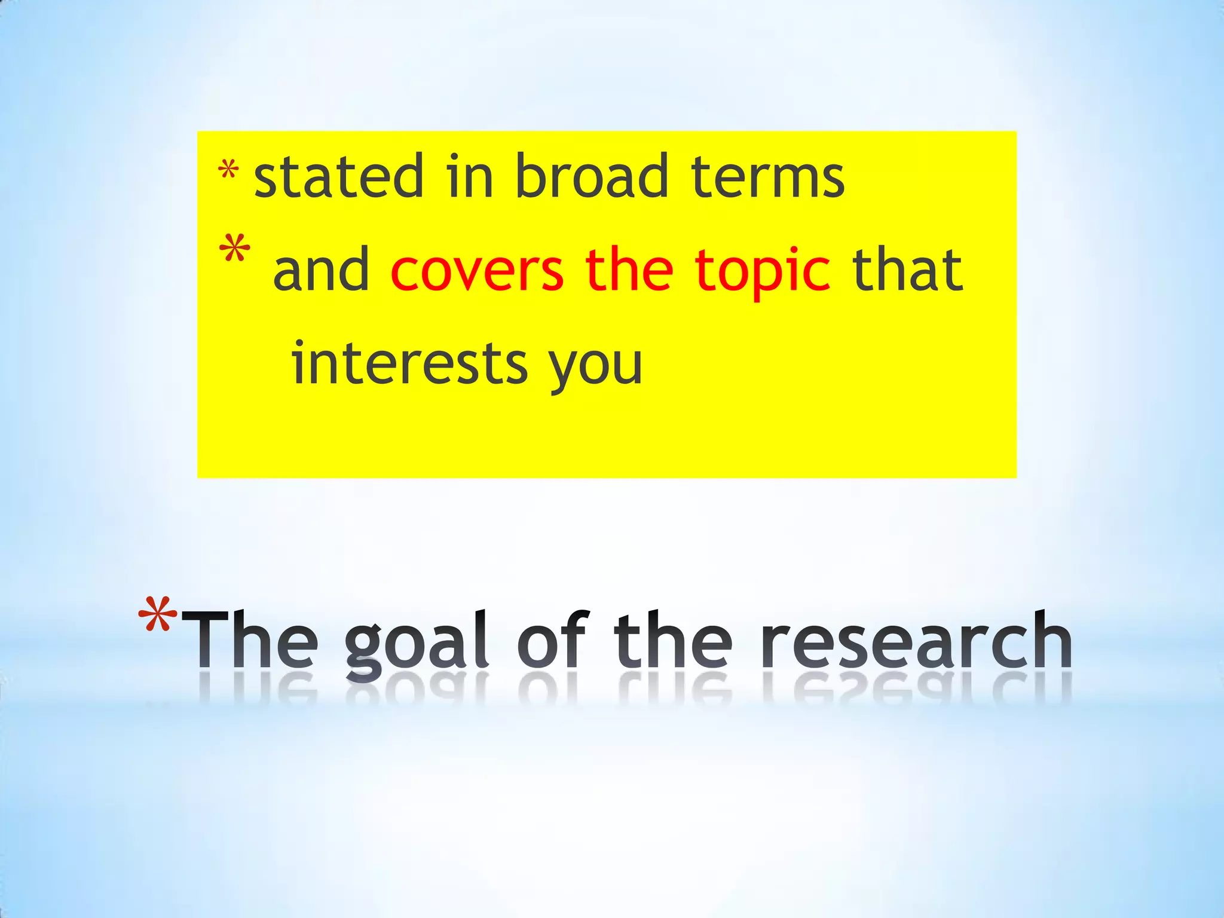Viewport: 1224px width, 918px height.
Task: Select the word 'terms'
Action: click(767, 177)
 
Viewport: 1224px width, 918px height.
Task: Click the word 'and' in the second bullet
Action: click(322, 270)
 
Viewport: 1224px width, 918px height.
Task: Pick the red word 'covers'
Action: click(477, 270)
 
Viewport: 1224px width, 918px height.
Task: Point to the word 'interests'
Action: click(409, 363)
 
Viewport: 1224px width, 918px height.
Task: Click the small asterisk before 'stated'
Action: click(228, 171)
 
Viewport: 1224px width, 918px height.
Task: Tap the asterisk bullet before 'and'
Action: click(235, 250)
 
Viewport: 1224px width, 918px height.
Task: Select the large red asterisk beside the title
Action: click(158, 616)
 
